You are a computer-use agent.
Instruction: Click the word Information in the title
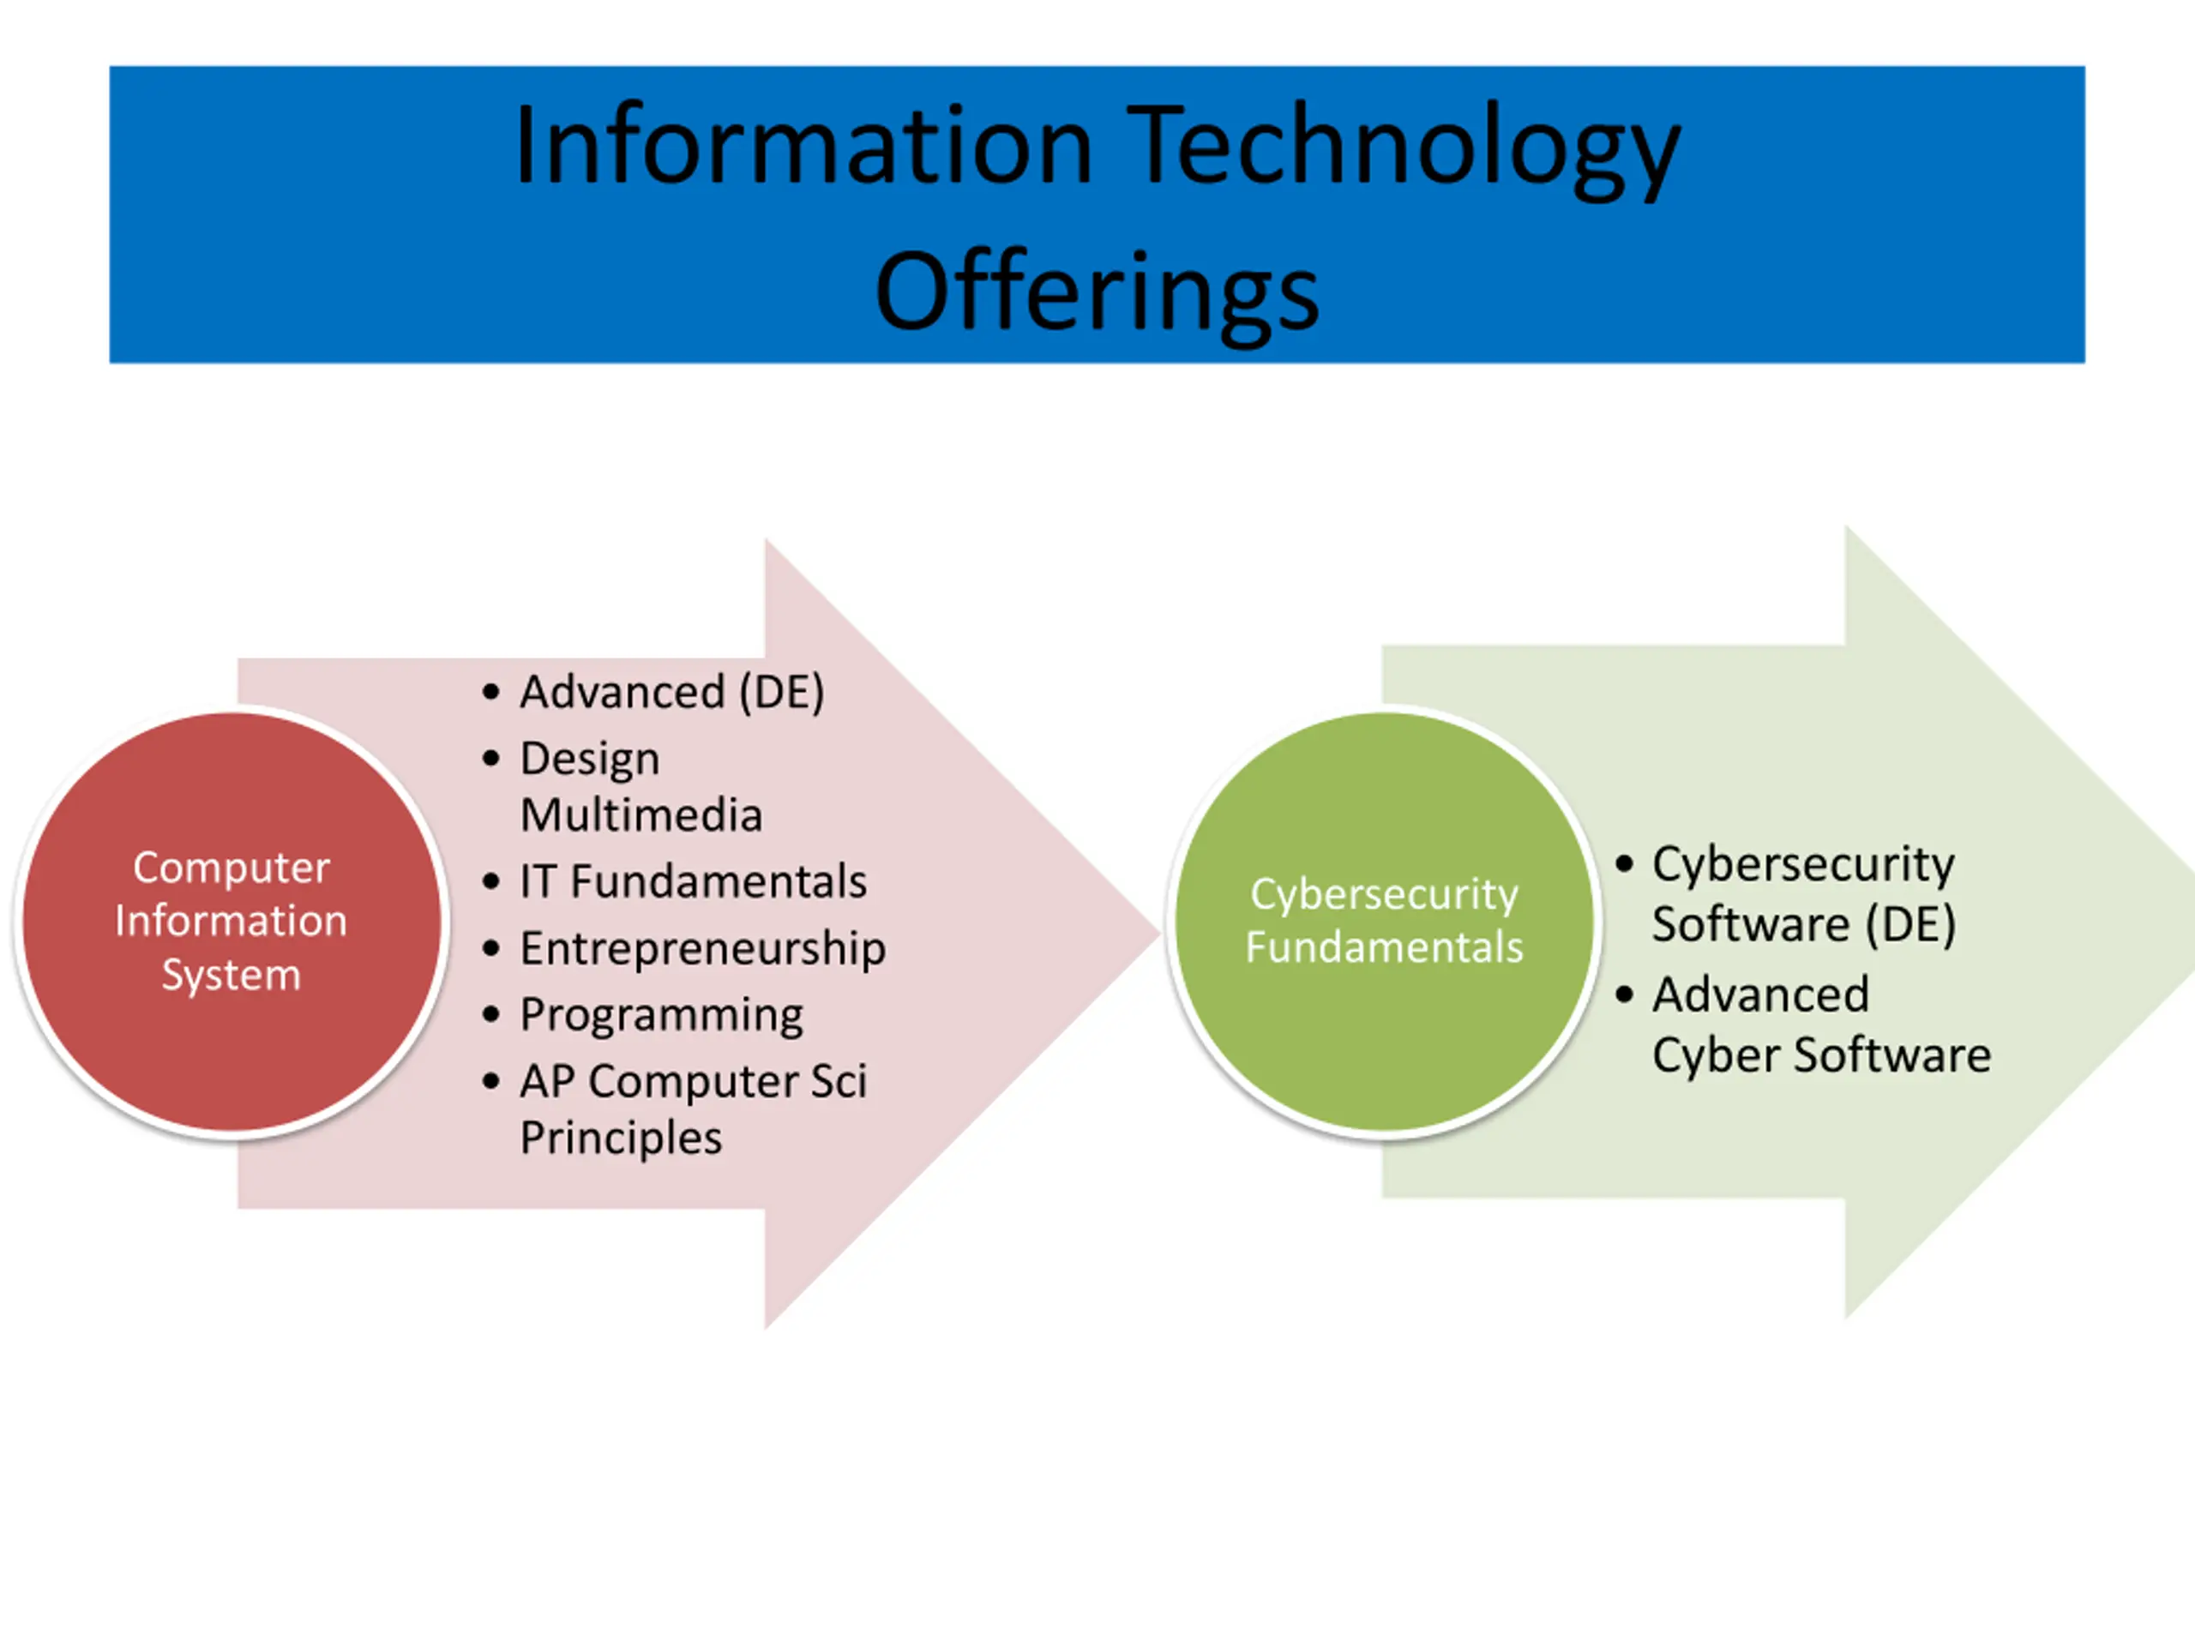(803, 147)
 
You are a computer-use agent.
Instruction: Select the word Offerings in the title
(1097, 292)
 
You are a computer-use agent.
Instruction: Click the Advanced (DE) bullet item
(672, 693)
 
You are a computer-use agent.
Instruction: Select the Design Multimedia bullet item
(641, 787)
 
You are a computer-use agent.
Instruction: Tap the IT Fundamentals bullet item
(693, 882)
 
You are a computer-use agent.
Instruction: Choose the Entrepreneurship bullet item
(702, 948)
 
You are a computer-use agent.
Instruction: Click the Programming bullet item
(662, 1015)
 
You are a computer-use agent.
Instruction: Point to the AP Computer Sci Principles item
(693, 1108)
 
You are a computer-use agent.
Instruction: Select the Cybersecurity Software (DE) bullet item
(1803, 894)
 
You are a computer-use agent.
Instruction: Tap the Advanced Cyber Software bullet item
(1821, 1024)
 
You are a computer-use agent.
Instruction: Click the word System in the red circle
(232, 976)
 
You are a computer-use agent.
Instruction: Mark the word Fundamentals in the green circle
(1384, 947)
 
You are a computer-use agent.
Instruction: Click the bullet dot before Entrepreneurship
(491, 948)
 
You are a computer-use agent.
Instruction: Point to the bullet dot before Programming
(491, 1015)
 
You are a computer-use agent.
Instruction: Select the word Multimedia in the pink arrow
(641, 815)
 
